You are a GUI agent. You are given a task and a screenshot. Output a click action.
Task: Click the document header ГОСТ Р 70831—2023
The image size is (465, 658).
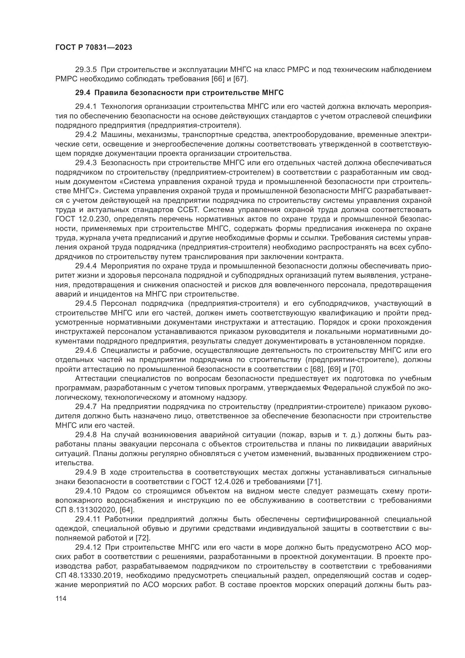tap(94, 48)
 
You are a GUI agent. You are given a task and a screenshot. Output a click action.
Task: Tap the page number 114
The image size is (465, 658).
tap(61, 598)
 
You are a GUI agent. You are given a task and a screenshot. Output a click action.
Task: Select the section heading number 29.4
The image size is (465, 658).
tap(83, 93)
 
